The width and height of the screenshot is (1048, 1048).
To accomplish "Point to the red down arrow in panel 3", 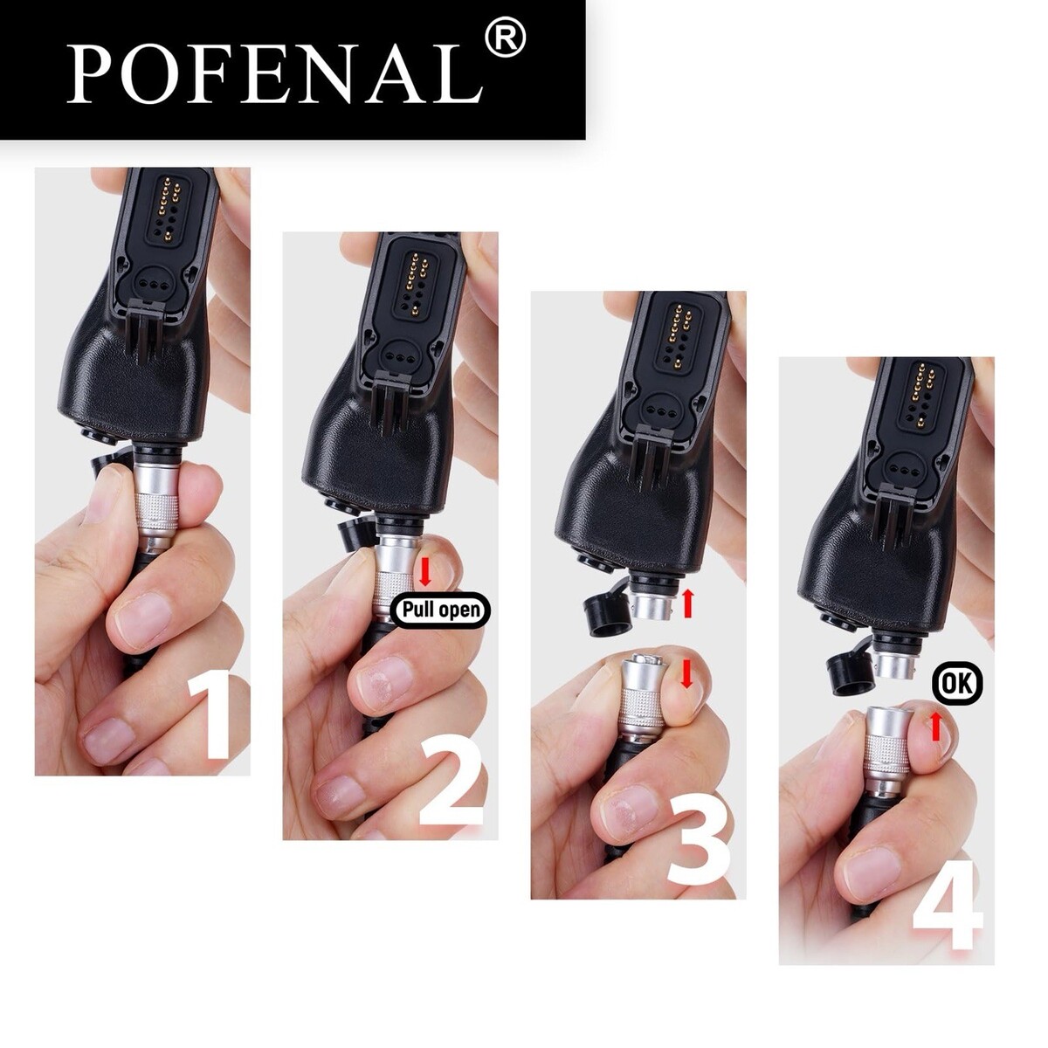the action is point(687,673).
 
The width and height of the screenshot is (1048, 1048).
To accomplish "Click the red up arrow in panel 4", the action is point(934,726).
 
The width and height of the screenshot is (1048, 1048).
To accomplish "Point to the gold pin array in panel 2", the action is point(416,283).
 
